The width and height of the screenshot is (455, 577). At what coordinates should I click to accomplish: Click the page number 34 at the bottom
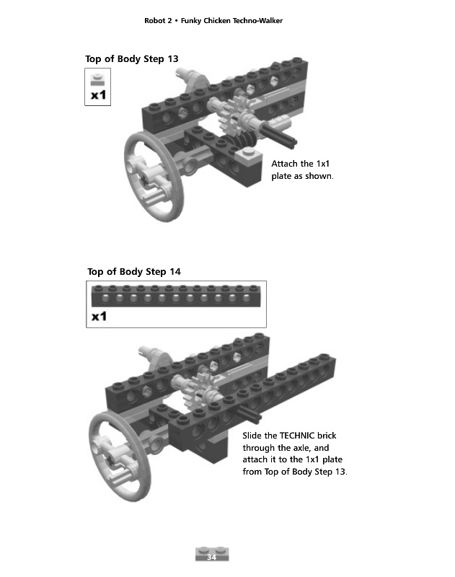point(211,557)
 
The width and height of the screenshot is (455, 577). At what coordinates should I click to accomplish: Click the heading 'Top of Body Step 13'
point(132,59)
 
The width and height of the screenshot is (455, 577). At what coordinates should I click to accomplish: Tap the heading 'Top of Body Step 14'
point(134,272)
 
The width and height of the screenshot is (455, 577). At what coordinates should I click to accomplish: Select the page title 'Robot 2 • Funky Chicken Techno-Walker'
point(213,21)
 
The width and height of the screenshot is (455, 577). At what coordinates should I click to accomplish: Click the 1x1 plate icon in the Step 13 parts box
point(97,79)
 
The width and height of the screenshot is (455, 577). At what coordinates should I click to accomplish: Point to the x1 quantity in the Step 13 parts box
point(98,95)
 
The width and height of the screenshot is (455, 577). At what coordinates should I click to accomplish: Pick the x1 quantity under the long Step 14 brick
point(99,316)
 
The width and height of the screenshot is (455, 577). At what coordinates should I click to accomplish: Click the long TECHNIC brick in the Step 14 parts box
point(176,296)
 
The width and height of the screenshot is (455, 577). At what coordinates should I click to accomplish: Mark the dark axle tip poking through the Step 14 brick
point(250,413)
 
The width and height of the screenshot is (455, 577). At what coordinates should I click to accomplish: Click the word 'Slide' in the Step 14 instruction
point(252,436)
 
